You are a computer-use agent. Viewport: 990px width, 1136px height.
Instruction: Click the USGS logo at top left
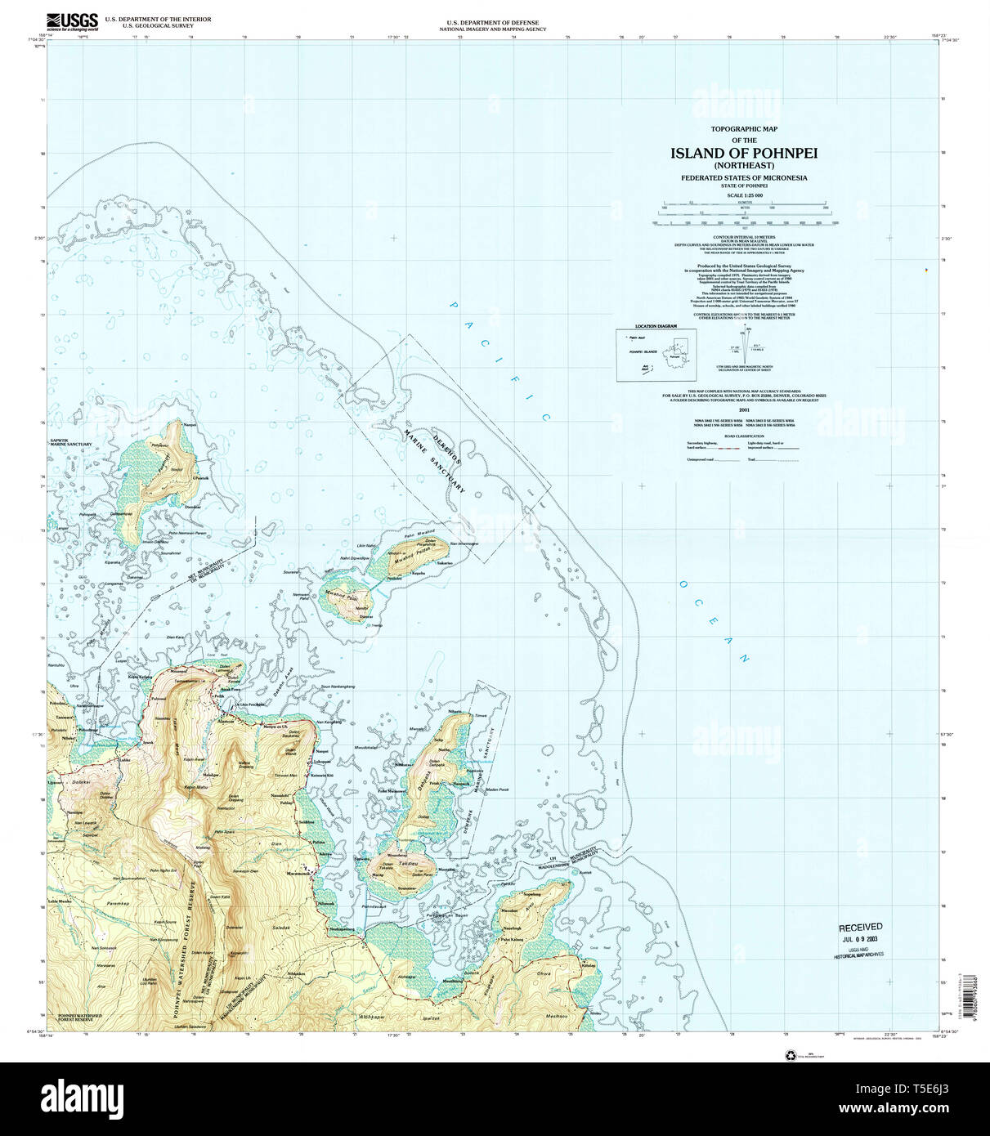pyautogui.click(x=73, y=20)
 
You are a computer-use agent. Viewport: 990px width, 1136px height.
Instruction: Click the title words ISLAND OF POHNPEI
pyautogui.click(x=744, y=153)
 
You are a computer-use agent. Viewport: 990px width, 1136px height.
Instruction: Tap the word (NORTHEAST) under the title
pyautogui.click(x=744, y=165)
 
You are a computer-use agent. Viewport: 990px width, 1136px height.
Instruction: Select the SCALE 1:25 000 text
pyautogui.click(x=744, y=195)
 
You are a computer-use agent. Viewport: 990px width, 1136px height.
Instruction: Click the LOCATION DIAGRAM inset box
pyautogui.click(x=656, y=355)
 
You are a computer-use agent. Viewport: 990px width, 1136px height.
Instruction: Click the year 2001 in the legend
pyautogui.click(x=744, y=409)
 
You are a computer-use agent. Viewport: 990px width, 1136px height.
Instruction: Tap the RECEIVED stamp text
pyautogui.click(x=860, y=927)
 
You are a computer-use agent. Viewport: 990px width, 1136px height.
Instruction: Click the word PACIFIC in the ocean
pyautogui.click(x=499, y=360)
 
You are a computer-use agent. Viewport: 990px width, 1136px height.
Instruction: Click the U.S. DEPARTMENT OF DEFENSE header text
pyautogui.click(x=492, y=23)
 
